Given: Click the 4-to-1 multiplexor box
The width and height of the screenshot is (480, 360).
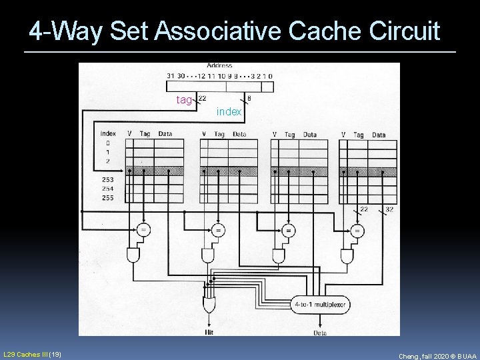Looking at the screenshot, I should tap(321, 305).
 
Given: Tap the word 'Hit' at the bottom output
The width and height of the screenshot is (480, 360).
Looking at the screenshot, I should tap(209, 331).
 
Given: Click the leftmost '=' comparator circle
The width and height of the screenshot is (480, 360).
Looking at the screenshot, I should tap(143, 230).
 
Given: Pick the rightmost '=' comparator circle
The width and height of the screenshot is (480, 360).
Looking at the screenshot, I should tap(358, 231).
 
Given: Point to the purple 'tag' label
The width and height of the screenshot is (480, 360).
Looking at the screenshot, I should tap(184, 100).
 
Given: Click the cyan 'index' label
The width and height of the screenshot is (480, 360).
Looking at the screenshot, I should tap(229, 112).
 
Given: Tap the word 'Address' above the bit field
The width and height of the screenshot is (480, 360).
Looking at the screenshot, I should tap(219, 65).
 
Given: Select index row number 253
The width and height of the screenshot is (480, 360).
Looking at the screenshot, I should tap(107, 180).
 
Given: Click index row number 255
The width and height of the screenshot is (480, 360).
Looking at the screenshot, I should tap(107, 198).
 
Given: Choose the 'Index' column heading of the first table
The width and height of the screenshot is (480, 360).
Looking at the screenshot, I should tap(107, 133).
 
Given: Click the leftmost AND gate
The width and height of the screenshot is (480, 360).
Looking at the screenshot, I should tap(133, 255).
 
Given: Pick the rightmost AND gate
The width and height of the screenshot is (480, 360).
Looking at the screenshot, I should tap(347, 255).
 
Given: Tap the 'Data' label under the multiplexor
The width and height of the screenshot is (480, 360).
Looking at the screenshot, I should tap(320, 331).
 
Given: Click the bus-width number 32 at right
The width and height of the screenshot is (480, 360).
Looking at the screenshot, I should tap(389, 209).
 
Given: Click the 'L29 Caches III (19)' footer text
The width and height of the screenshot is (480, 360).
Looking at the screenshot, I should tap(33, 353).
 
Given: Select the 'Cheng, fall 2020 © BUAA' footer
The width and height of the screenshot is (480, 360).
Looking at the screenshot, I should tap(437, 356).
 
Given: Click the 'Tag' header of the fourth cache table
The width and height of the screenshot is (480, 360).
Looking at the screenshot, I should tap(359, 135).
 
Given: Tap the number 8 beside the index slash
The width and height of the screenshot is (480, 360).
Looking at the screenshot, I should tap(249, 99).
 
